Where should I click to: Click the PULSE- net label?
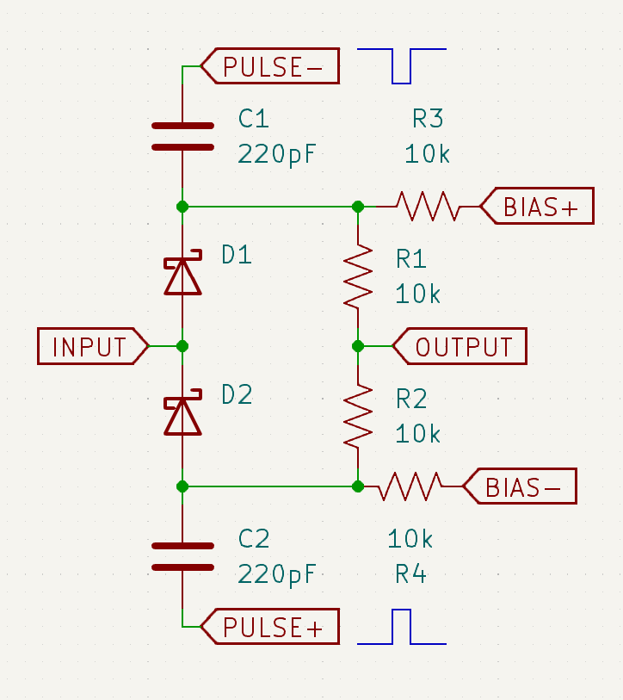tap(270, 66)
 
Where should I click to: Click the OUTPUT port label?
tap(460, 346)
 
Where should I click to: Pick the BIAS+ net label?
tap(537, 207)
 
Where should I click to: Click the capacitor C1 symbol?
tap(182, 136)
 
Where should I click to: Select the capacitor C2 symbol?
tap(182, 556)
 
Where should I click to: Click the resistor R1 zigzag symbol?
tap(358, 276)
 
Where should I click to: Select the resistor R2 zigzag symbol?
tap(358, 416)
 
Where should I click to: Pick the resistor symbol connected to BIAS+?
tap(427, 207)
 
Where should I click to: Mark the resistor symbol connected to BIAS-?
tap(410, 486)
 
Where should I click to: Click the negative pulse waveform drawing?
tap(402, 65)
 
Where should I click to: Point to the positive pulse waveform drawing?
tap(402, 627)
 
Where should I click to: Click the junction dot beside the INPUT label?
tap(182, 346)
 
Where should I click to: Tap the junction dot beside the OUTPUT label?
tap(358, 346)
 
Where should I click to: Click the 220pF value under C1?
tap(277, 155)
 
